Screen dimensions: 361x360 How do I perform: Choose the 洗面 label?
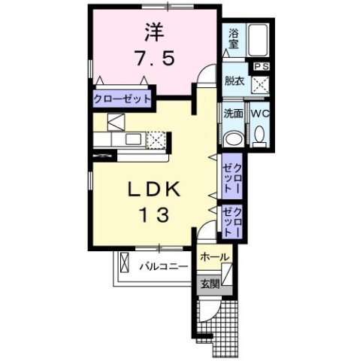click(x=232, y=114)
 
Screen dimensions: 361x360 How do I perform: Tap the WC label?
click(x=259, y=114)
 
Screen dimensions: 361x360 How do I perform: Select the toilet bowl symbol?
click(x=259, y=136)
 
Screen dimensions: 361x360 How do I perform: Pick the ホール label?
click(x=214, y=257)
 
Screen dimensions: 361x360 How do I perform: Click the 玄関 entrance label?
click(x=210, y=284)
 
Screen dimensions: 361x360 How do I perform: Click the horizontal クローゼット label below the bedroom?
click(x=122, y=99)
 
